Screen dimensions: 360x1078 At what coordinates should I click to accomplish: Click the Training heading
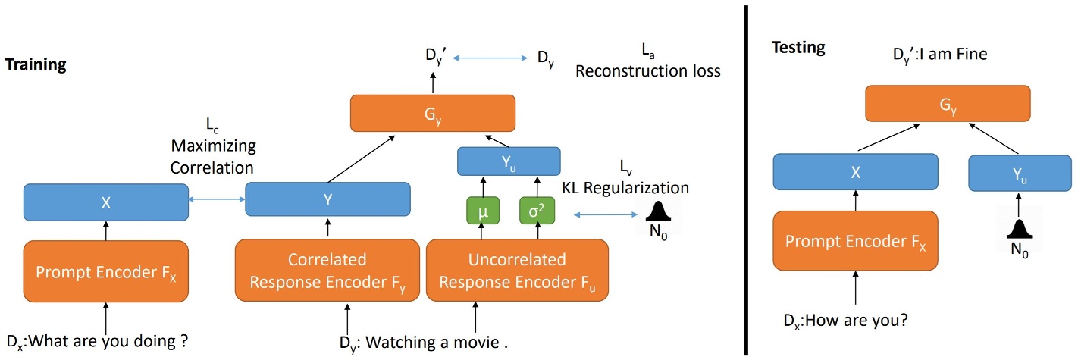pos(36,65)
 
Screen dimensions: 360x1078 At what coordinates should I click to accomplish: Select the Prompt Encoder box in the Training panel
pos(105,271)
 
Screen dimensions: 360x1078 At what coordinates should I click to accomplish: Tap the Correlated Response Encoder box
pos(327,271)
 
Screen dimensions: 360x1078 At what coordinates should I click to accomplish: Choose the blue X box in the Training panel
pos(105,203)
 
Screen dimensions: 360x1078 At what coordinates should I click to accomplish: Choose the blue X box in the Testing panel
pos(855,173)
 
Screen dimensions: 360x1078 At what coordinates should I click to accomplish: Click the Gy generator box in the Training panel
pos(432,114)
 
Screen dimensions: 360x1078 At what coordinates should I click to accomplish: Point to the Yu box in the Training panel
pos(509,161)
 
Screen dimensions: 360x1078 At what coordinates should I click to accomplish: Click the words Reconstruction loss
pos(647,71)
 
